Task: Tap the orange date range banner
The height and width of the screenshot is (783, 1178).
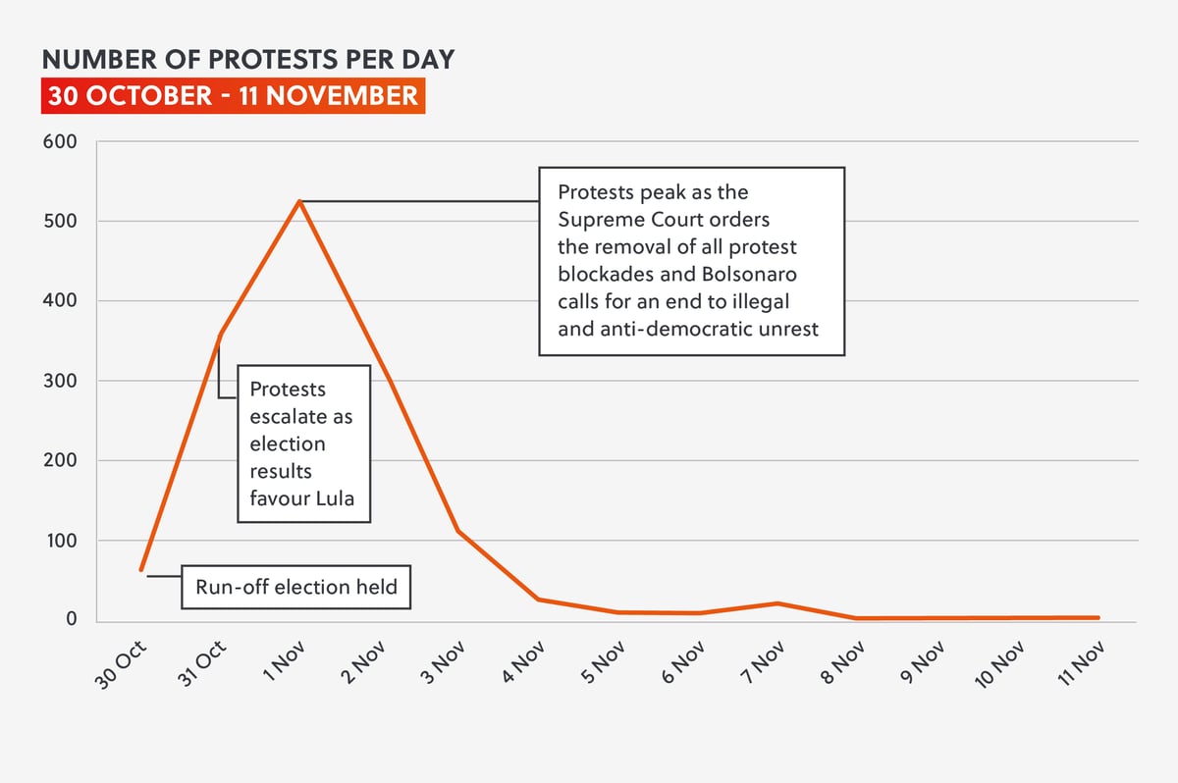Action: click(x=233, y=96)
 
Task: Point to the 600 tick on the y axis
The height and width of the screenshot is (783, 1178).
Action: click(x=60, y=141)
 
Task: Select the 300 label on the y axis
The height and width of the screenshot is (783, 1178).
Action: click(x=60, y=381)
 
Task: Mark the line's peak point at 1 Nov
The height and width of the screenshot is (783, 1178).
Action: click(x=299, y=201)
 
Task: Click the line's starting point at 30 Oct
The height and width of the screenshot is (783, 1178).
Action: click(x=141, y=570)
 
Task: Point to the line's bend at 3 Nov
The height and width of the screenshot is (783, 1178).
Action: click(x=458, y=531)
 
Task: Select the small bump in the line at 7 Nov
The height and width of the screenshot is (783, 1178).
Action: click(x=778, y=603)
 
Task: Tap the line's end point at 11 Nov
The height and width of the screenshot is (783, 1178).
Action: click(x=1098, y=618)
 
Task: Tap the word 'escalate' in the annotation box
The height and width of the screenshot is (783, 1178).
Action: click(x=292, y=417)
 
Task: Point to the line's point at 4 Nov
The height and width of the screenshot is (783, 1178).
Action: click(x=539, y=599)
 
